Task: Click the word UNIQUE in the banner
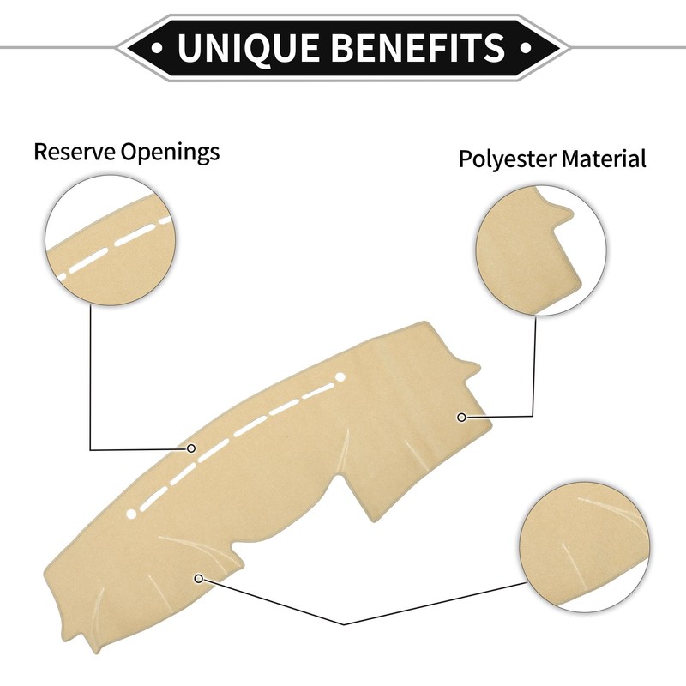(249, 47)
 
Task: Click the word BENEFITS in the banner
(418, 46)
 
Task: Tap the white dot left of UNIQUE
(157, 47)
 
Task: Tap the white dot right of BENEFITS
(527, 47)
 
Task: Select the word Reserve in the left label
(75, 152)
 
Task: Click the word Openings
(170, 153)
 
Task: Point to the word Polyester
(507, 159)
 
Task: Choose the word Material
(604, 159)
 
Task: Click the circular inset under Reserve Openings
(111, 240)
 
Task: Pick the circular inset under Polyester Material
(541, 250)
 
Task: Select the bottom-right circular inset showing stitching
(585, 547)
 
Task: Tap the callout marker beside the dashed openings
(190, 448)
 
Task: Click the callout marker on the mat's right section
(461, 418)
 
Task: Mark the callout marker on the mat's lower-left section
(199, 579)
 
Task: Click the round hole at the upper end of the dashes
(340, 377)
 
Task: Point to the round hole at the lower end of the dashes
(131, 514)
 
